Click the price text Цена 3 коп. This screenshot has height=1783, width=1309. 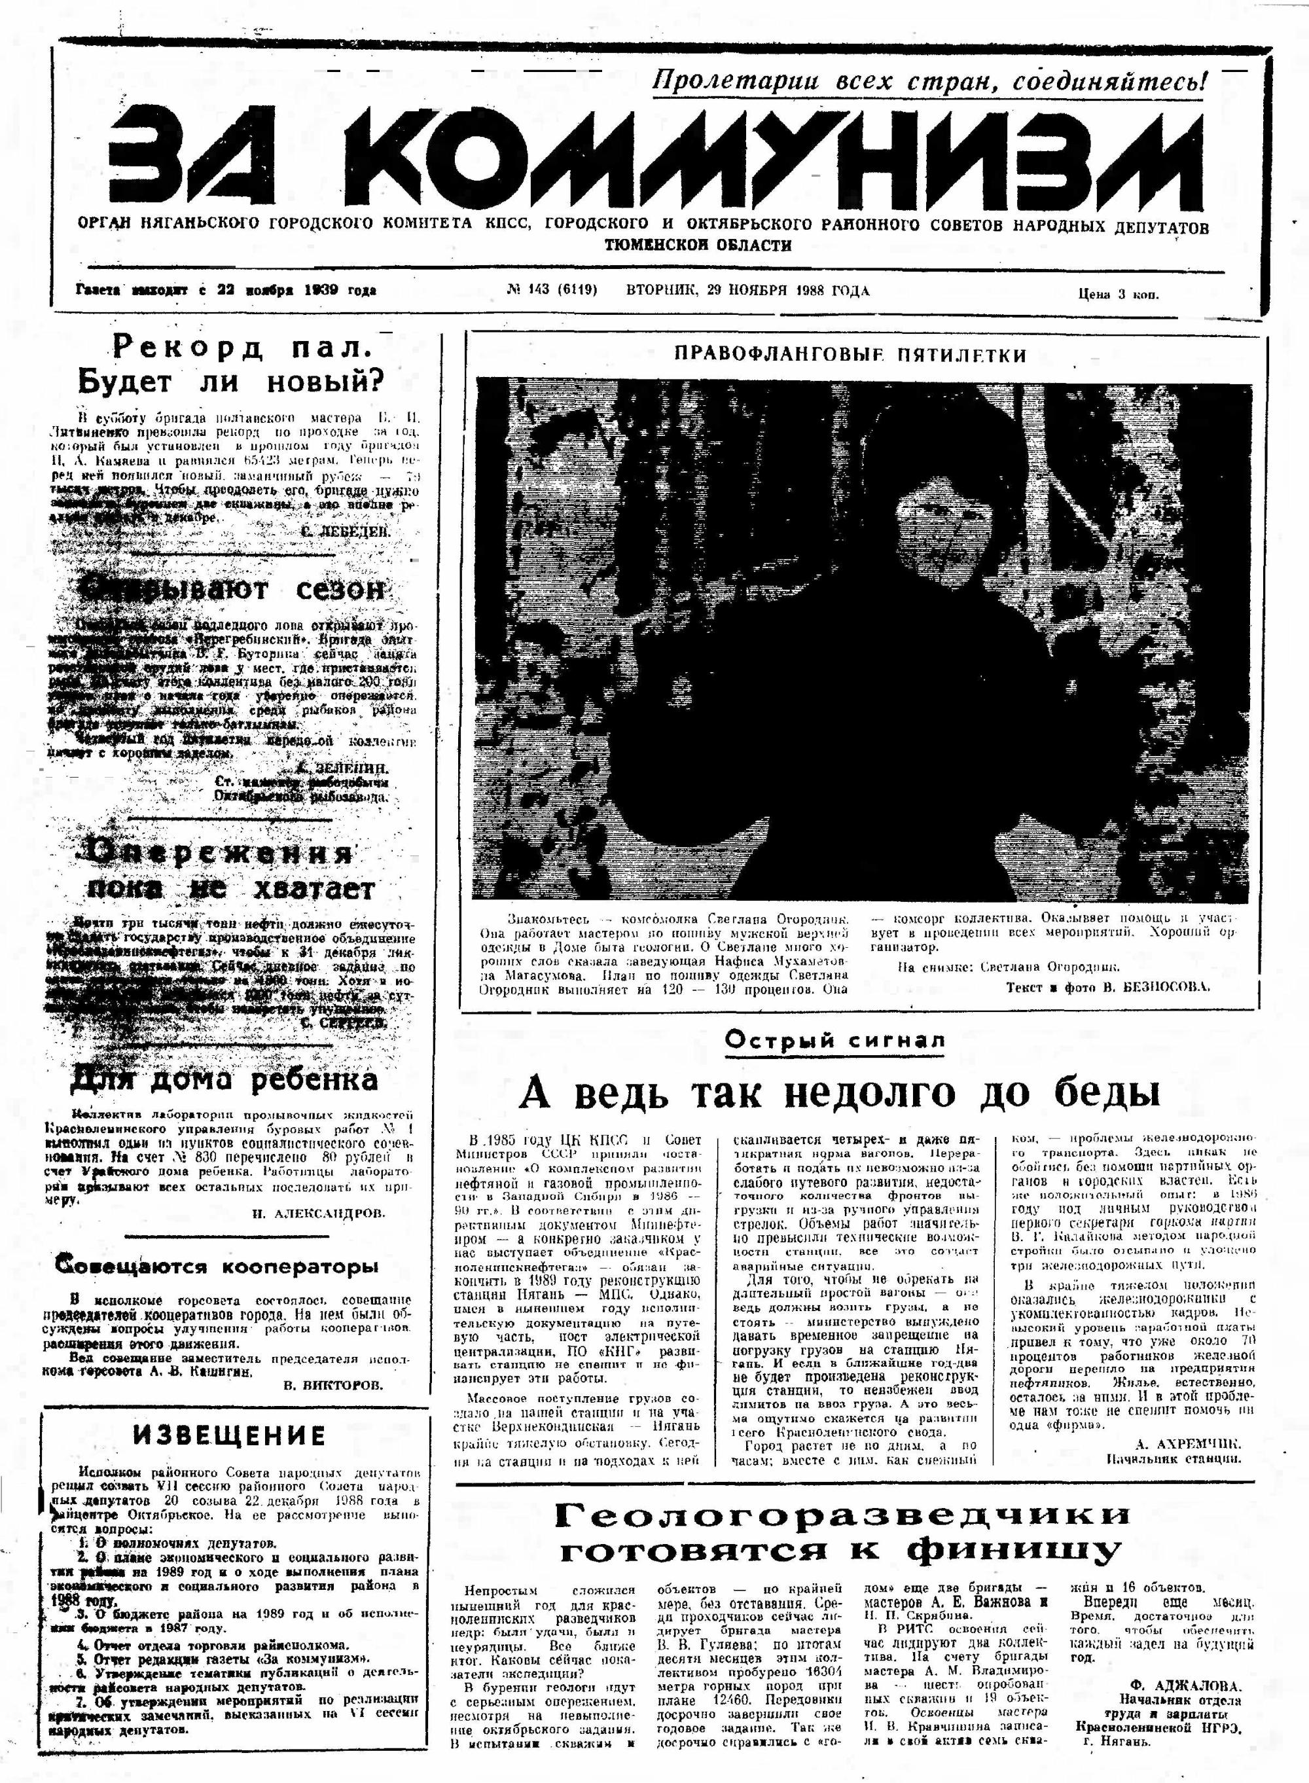tap(1118, 295)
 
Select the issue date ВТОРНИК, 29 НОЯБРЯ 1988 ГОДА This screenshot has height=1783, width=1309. tap(747, 291)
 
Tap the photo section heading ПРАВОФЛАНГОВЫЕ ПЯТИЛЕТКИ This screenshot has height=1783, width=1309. tap(850, 354)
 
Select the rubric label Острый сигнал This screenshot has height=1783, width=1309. tap(835, 1039)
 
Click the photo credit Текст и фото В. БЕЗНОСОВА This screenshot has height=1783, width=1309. tap(1107, 987)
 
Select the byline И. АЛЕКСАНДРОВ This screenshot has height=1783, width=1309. tap(319, 1212)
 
